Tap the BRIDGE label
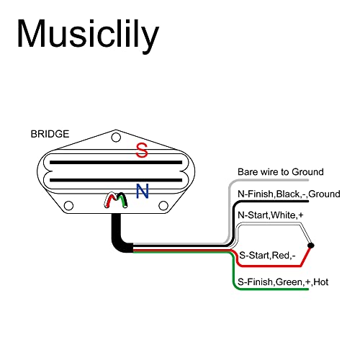coord(50,134)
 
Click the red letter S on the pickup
coord(142,150)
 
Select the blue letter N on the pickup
coord(143,191)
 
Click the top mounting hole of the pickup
coord(116,138)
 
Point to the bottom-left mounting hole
coord(68,206)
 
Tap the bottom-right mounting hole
coord(163,206)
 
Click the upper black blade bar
coord(116,163)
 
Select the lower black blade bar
coord(116,180)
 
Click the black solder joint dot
coord(311,246)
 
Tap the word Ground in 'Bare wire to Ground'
coord(307,172)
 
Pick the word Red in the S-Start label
coord(281,256)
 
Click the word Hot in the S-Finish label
coord(321,282)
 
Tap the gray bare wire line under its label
coord(269,180)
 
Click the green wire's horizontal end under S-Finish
coord(271,289)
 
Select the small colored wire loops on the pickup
coord(116,200)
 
